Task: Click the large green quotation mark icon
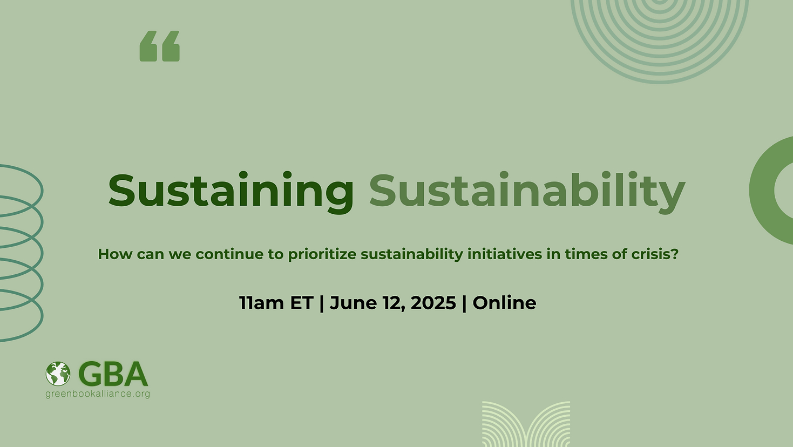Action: point(160,46)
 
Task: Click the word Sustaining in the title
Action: point(231,192)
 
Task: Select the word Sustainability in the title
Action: point(527,192)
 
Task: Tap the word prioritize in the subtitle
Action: point(322,254)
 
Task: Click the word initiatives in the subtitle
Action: point(505,254)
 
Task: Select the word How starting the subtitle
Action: point(115,254)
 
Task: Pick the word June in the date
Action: point(353,303)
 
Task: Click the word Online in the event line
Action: point(504,303)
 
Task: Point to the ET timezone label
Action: point(301,303)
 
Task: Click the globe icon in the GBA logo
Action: point(58,374)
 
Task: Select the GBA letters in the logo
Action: point(113,374)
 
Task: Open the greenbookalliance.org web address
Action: point(98,394)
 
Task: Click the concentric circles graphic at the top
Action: point(660,43)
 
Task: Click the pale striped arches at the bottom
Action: point(526,424)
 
